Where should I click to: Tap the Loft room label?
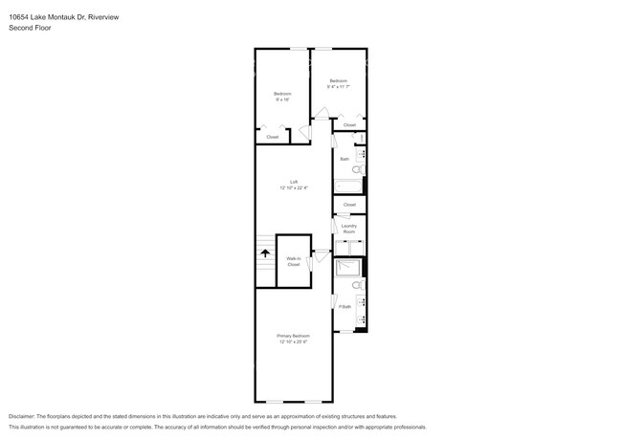tap(294, 182)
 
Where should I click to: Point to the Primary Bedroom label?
tap(294, 336)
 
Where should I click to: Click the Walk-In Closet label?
tap(294, 261)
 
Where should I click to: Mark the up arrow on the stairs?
tap(265, 253)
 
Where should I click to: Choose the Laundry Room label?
tap(349, 230)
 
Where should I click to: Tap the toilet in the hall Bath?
tap(357, 169)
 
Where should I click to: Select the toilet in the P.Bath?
tap(357, 285)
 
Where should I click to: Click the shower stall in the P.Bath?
tap(348, 268)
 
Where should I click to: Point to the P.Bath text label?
tap(344, 307)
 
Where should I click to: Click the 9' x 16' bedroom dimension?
tap(281, 99)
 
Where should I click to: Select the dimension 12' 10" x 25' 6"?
tap(294, 341)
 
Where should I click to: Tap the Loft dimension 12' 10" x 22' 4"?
tap(294, 187)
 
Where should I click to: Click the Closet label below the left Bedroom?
tap(273, 137)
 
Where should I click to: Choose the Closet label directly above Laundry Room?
tap(349, 205)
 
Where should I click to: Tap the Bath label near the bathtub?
tap(344, 159)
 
